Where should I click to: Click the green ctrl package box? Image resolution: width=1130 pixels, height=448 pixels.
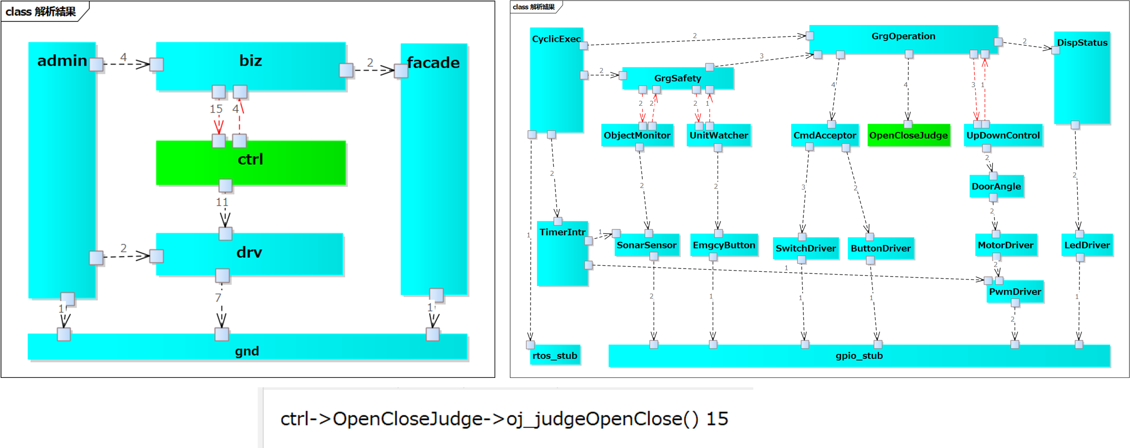coord(250,162)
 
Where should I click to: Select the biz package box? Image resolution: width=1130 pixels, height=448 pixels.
coord(250,66)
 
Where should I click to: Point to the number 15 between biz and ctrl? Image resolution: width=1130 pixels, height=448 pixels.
coord(216,109)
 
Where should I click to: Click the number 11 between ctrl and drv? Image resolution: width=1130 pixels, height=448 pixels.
coord(222,202)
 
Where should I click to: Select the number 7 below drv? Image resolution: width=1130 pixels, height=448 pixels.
coord(218,298)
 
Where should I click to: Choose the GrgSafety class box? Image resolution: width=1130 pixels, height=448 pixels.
coord(677,79)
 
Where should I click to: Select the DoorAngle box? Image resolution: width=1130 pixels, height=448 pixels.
coord(996,186)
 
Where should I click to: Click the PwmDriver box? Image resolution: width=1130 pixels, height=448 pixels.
coord(1015,292)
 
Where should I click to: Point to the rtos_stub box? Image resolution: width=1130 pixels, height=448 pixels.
coord(555,356)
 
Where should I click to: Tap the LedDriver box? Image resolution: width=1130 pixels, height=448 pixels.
coord(1086,245)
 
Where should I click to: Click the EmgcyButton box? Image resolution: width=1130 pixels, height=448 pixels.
coord(724,245)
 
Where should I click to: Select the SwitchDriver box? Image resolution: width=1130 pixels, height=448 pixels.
coord(805,248)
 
